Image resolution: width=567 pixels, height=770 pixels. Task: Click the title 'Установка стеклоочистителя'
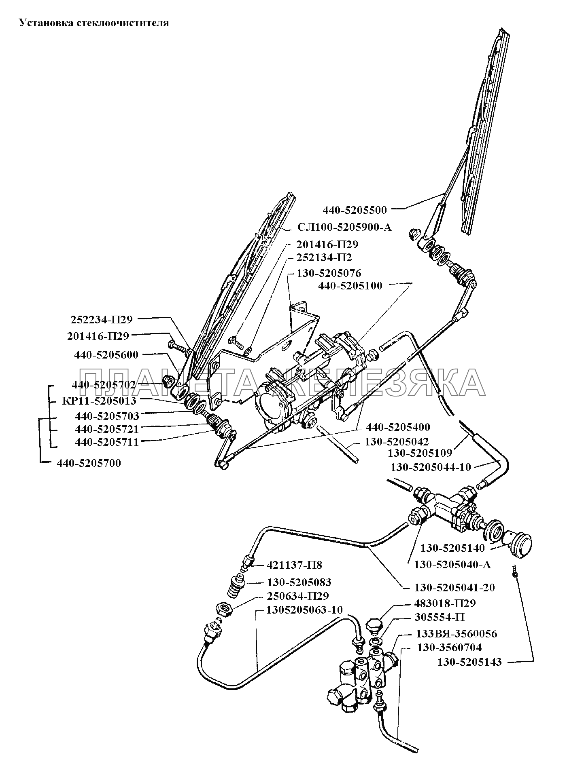point(94,23)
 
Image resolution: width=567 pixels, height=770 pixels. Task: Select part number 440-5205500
point(355,210)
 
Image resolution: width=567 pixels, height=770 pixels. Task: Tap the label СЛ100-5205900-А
point(345,227)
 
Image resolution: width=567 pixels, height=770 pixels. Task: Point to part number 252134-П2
point(324,258)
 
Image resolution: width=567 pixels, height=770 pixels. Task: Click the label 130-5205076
point(329,273)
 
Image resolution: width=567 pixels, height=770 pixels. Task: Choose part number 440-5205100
point(350,286)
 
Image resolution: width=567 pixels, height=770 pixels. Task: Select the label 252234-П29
point(102,319)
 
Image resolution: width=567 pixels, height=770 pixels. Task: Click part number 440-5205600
point(106,355)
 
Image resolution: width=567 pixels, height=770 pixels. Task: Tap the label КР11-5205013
point(99,401)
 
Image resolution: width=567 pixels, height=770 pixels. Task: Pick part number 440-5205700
point(89,463)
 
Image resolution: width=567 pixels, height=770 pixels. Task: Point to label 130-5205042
point(397,442)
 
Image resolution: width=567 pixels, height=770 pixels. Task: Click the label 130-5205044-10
point(431,467)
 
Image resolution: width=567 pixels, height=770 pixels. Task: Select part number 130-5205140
point(452,548)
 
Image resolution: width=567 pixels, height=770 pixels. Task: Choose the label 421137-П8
point(294,565)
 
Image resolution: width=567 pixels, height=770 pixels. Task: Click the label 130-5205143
point(469,662)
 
